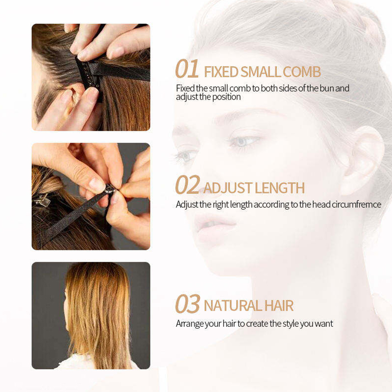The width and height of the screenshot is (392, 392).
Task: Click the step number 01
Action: pyautogui.click(x=187, y=69)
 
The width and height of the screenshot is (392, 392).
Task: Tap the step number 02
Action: pyautogui.click(x=188, y=185)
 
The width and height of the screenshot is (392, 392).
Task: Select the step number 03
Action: pyautogui.click(x=188, y=303)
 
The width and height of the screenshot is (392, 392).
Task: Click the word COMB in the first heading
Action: pyautogui.click(x=302, y=72)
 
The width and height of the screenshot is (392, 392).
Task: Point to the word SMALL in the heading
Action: pyautogui.click(x=261, y=72)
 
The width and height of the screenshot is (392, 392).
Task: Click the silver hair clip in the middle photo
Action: pyautogui.click(x=42, y=199)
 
